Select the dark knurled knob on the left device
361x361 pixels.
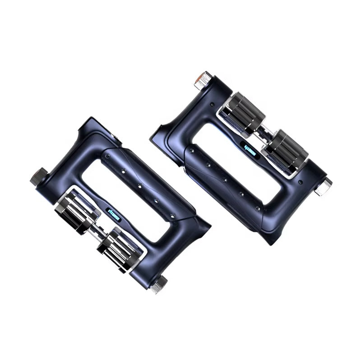pyautogui.click(x=39, y=176)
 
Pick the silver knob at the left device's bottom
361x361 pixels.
pyautogui.click(x=159, y=285)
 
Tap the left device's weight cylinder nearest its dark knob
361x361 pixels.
pyautogui.click(x=74, y=208)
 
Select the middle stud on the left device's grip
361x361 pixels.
pyautogui.click(x=139, y=186)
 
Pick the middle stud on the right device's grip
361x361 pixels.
pyautogui.click(x=224, y=180)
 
